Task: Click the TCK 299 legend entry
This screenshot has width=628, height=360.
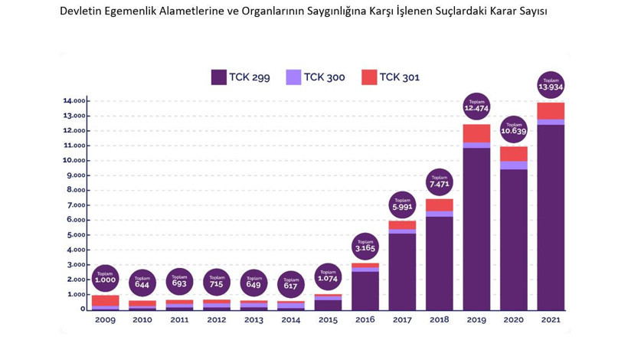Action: pos(240,77)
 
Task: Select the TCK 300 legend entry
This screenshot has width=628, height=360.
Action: pos(316,77)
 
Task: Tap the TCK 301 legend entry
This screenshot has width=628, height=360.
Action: pos(391,77)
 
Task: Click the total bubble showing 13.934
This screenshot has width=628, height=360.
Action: pos(551,85)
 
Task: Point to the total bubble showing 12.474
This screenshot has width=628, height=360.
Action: pos(476,106)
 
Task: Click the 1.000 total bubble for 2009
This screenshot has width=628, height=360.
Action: pos(105,278)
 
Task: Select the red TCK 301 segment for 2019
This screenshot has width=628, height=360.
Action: pos(476,133)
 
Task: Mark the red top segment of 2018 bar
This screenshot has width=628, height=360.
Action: pos(440,205)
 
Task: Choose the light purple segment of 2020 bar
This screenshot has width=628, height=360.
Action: pos(514,165)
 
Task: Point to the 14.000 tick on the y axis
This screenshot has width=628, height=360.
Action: pos(75,101)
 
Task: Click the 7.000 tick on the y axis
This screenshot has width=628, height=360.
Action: pos(75,205)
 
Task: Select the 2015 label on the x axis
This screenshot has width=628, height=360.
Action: pos(328,319)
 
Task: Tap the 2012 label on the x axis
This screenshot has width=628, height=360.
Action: pos(217,319)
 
